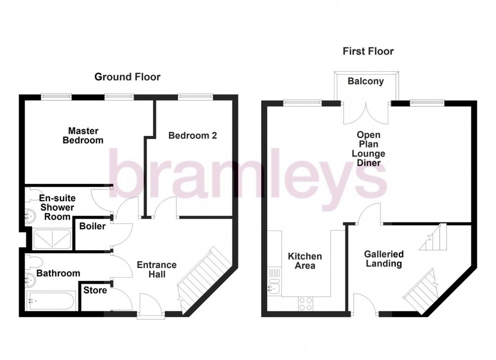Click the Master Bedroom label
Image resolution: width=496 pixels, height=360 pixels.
point(82,136)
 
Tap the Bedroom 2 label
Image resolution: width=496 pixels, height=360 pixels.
point(189,136)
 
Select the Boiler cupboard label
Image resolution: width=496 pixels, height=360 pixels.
point(93,227)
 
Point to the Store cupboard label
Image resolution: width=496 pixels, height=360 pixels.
point(95,291)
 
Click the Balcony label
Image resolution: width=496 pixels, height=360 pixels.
point(365,81)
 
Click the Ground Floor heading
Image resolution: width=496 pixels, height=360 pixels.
point(128,77)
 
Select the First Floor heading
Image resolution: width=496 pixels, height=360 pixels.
point(368,51)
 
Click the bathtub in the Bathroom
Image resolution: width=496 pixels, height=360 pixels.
point(50,302)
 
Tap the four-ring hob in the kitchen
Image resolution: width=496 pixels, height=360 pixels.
point(306,303)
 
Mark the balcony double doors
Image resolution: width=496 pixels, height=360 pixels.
point(365,111)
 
